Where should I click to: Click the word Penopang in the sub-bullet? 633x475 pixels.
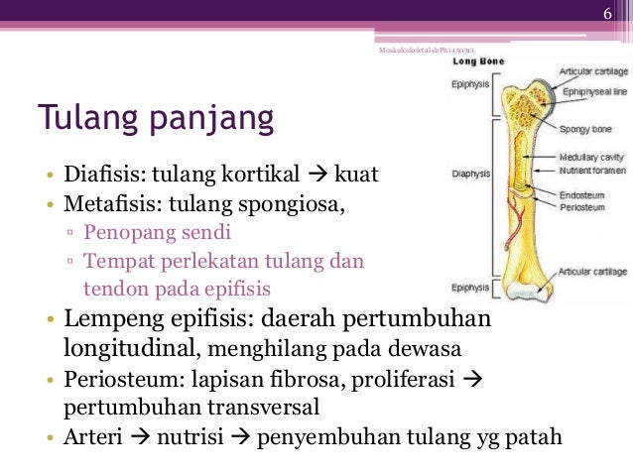[122, 234]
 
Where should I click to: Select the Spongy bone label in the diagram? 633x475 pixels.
[584, 130]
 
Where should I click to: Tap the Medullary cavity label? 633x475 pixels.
[591, 157]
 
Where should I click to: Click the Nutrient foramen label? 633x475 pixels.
[592, 169]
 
